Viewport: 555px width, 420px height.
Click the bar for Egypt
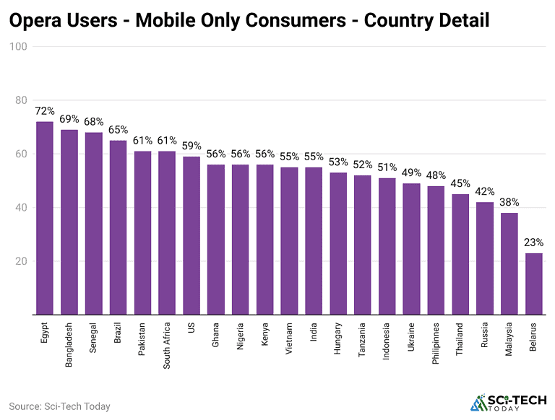(45, 218)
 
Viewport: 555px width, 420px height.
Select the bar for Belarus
(534, 284)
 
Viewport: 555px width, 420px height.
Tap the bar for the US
(192, 235)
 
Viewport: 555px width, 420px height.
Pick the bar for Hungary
(338, 243)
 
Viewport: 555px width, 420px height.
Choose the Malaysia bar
(509, 263)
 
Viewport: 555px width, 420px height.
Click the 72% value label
(45, 111)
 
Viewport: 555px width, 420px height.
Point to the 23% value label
(534, 242)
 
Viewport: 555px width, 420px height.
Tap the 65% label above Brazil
(119, 130)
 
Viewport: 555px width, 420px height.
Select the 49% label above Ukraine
(412, 173)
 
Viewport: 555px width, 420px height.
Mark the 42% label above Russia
(485, 192)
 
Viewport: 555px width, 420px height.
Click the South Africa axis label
(167, 345)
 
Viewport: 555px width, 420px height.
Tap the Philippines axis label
(436, 346)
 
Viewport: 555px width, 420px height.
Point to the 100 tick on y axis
(18, 47)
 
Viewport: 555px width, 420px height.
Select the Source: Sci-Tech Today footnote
(59, 406)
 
